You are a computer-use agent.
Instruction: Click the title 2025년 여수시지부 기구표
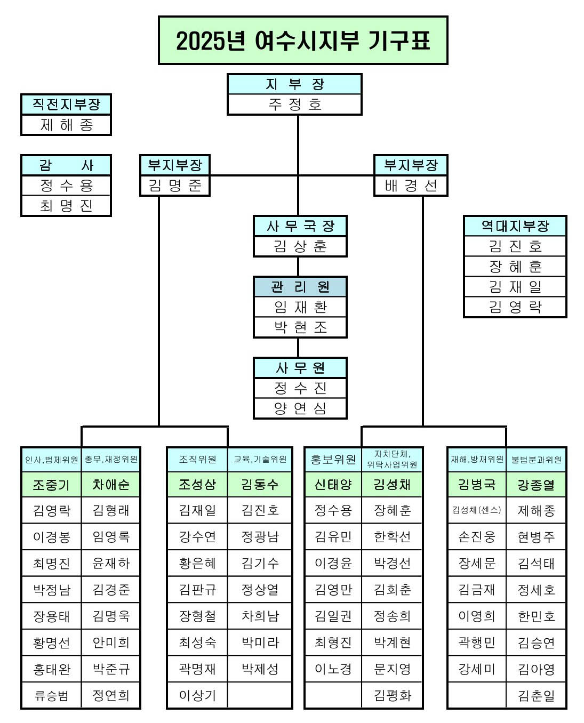(303, 41)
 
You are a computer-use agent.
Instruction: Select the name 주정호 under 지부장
(294, 105)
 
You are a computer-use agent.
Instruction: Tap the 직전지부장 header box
(66, 105)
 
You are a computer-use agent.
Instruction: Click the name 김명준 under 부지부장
(175, 186)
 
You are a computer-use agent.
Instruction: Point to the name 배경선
(411, 186)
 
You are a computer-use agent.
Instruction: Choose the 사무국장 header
(300, 226)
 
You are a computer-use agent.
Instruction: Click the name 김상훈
(300, 246)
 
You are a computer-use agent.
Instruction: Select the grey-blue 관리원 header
(300, 287)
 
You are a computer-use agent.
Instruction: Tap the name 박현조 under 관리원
(300, 327)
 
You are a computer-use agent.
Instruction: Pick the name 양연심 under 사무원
(300, 408)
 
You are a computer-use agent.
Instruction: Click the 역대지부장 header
(515, 226)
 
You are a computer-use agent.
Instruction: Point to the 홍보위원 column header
(333, 459)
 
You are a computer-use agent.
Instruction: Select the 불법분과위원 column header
(536, 459)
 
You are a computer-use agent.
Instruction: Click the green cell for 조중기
(51, 485)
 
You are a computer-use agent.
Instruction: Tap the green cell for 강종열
(536, 485)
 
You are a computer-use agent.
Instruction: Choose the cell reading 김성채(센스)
(477, 510)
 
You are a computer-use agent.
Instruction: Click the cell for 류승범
(51, 695)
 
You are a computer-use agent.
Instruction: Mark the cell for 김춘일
(536, 695)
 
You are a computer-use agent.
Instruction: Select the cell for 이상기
(197, 695)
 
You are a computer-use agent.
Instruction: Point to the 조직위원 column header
(197, 459)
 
